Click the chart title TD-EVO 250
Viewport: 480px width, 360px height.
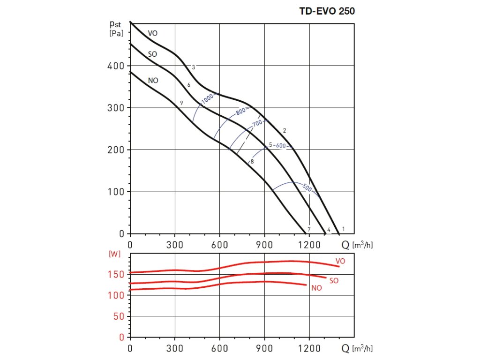pyautogui.click(x=327, y=12)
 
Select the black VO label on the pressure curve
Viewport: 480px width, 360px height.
pyautogui.click(x=153, y=33)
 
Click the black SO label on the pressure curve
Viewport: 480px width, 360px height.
pyautogui.click(x=152, y=54)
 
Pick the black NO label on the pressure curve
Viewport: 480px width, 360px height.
pyautogui.click(x=153, y=81)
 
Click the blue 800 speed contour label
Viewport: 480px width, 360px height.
pyautogui.click(x=241, y=112)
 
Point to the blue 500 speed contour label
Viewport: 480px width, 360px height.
pyautogui.click(x=307, y=188)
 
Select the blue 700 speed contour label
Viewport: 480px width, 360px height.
pyautogui.click(x=257, y=123)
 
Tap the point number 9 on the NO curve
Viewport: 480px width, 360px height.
pyautogui.click(x=181, y=103)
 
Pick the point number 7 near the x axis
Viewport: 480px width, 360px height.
pyautogui.click(x=308, y=229)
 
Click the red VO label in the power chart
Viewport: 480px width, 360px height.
pyautogui.click(x=340, y=261)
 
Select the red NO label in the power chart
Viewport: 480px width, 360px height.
pyautogui.click(x=316, y=288)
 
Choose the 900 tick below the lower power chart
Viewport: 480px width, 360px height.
pyautogui.click(x=264, y=349)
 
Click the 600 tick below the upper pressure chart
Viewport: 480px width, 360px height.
pyautogui.click(x=219, y=244)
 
